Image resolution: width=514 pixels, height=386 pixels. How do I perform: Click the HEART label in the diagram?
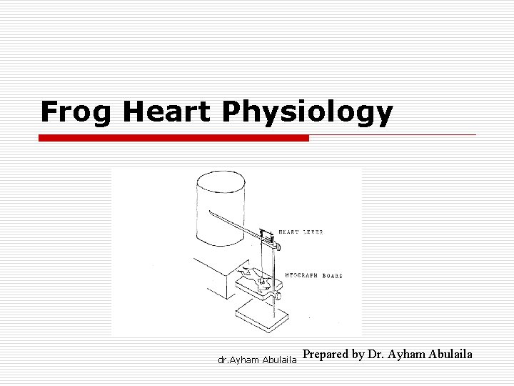[288, 232]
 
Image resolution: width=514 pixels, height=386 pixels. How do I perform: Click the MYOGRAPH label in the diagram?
[299, 274]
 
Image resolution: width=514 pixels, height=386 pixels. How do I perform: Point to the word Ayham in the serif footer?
[408, 355]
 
